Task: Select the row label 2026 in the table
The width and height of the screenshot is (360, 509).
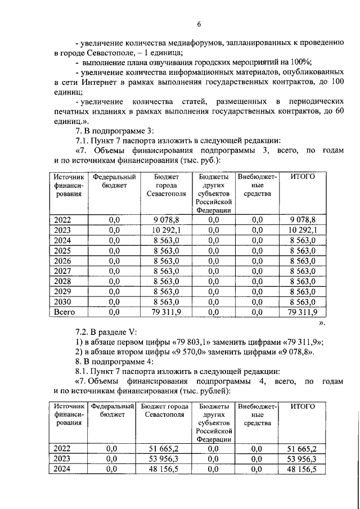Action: coord(62,260)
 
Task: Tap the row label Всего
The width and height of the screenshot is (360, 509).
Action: coord(65,311)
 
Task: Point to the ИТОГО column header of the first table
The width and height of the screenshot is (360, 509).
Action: coord(302,177)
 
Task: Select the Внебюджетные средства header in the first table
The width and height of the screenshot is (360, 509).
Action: coord(258,185)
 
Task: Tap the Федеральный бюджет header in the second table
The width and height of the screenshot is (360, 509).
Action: coord(114,410)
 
